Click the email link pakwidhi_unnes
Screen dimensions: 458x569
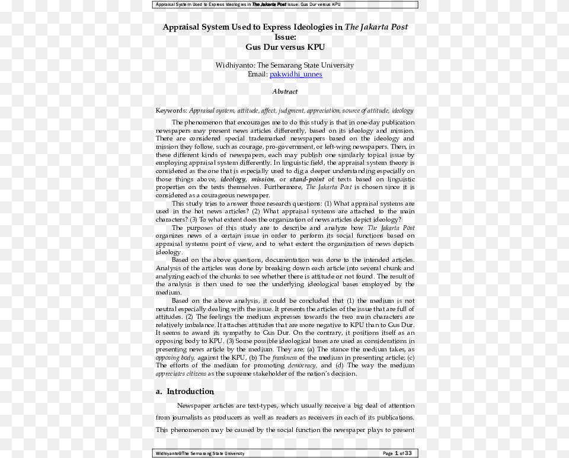296,75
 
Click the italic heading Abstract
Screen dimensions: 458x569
285,92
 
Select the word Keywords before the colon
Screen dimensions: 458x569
171,111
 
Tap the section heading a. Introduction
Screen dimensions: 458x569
184,392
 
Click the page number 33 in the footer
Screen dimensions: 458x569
408,453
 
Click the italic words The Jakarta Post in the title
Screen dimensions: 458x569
376,27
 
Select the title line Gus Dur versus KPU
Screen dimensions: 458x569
285,47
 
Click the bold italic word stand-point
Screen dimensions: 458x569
307,180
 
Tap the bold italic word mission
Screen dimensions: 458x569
263,180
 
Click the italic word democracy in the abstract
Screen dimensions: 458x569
302,366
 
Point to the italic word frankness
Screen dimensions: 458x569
284,358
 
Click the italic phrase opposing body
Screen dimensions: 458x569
175,358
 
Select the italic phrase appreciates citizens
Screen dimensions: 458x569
181,374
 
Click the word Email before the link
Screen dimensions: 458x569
257,75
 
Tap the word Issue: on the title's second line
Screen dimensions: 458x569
285,37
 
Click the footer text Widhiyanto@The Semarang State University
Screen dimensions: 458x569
200,453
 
